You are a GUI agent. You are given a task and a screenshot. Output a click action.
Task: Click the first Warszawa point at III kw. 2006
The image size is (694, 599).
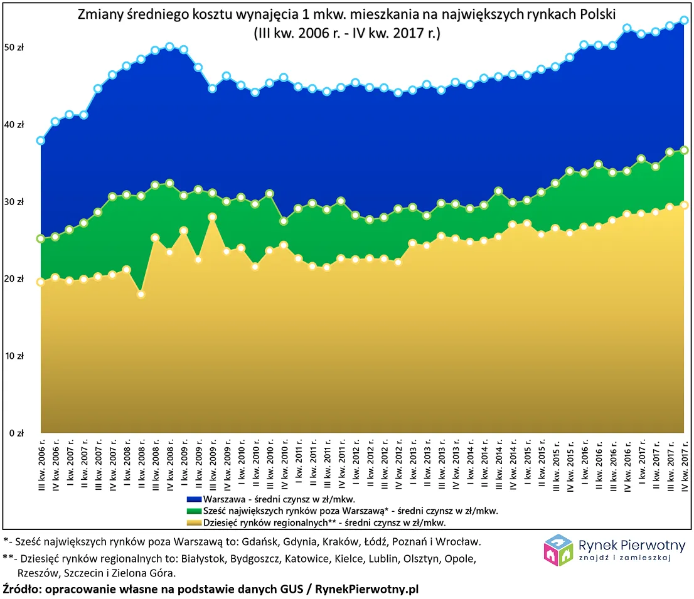(x=41, y=140)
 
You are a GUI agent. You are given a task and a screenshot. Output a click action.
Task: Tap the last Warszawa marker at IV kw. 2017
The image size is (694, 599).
(x=685, y=20)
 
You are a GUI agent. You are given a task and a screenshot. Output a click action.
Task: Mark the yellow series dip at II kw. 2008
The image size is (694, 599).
(x=141, y=294)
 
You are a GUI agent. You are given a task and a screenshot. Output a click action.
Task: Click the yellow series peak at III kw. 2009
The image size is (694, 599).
(x=212, y=217)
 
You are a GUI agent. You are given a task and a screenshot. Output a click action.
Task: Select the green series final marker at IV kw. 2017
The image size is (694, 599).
(x=685, y=150)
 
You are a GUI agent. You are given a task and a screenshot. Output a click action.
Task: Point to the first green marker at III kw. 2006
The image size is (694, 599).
(x=41, y=239)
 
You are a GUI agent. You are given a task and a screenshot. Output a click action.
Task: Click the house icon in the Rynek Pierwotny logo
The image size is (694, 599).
(x=558, y=550)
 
